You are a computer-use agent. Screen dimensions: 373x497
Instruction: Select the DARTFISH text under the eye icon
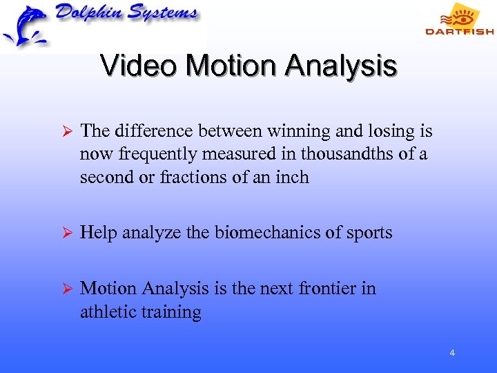click(459, 31)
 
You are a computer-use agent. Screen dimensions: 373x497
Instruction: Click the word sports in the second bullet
click(369, 233)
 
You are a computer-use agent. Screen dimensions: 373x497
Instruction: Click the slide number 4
click(451, 353)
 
